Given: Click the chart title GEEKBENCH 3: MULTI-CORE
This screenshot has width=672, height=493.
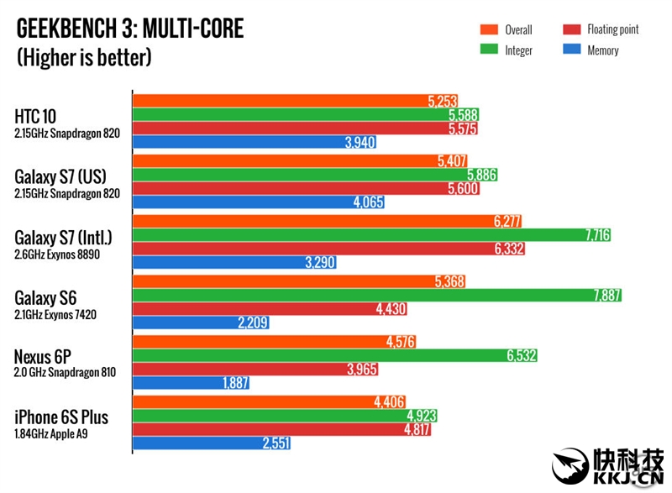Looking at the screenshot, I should pyautogui.click(x=130, y=30).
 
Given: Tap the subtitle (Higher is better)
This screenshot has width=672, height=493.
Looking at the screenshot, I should pyautogui.click(x=84, y=58).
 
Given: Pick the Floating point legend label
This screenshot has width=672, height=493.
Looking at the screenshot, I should pyautogui.click(x=612, y=30).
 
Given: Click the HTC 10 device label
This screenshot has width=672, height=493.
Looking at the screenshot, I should pyautogui.click(x=35, y=117).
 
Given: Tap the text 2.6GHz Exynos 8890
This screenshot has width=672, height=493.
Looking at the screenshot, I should pyautogui.click(x=57, y=254).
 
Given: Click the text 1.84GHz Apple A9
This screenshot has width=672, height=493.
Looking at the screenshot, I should pyautogui.click(x=54, y=433).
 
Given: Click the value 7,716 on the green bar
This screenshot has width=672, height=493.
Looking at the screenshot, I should pyautogui.click(x=597, y=235).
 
